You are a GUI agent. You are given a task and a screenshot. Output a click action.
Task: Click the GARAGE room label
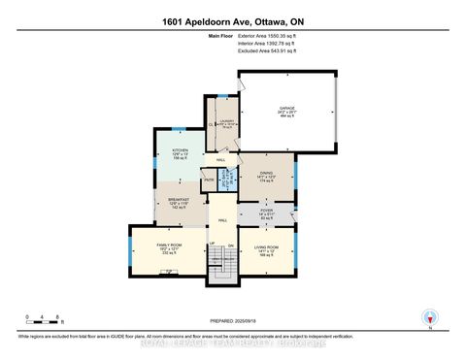tap(288, 110)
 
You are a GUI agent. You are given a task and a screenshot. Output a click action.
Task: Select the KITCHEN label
tap(180, 152)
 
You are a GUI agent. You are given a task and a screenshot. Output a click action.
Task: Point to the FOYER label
tap(265, 211)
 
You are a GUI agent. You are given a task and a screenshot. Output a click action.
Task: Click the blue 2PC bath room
tap(227, 179)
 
